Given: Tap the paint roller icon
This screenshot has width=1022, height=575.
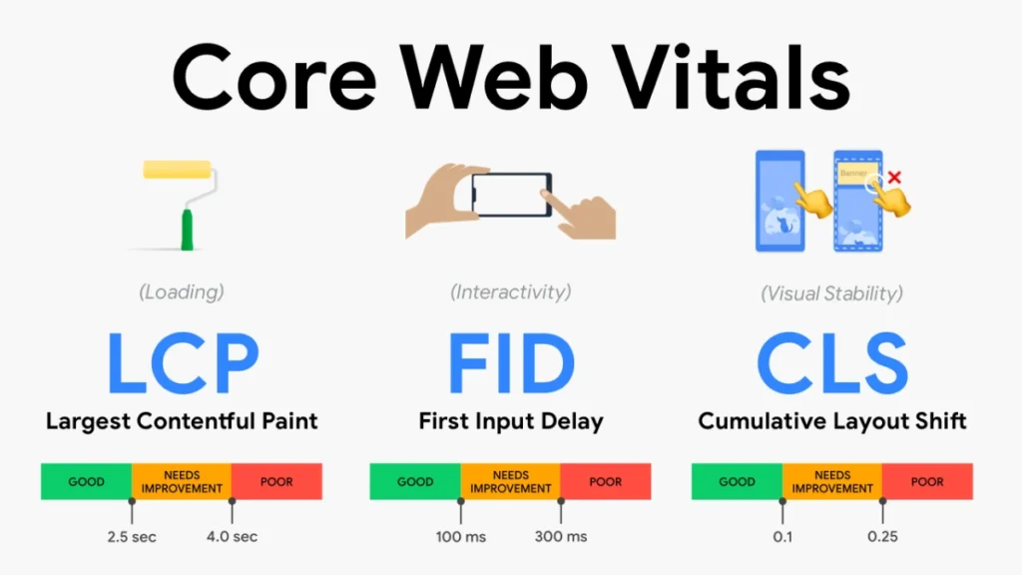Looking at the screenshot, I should point(181,204).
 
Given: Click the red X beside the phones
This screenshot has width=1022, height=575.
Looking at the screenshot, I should point(894,178).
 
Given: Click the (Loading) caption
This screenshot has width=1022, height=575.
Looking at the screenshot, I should point(182,292).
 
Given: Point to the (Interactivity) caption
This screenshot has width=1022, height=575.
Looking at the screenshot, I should point(511,292).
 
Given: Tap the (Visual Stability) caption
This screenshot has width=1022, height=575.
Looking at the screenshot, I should point(831,293).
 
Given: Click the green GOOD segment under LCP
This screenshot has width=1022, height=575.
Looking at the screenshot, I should point(86,481).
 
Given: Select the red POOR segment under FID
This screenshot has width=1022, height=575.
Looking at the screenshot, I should point(605,481).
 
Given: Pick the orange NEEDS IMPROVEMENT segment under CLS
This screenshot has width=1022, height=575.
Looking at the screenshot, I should point(832,481).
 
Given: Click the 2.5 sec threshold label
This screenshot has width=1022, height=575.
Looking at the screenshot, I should point(132,536).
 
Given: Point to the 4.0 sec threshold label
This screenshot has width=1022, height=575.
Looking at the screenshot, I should point(232,536).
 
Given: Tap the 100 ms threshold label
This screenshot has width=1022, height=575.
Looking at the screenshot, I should point(461,536).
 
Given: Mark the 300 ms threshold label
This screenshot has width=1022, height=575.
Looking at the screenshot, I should point(561,536).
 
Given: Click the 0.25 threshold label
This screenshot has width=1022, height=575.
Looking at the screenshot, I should point(882,536).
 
